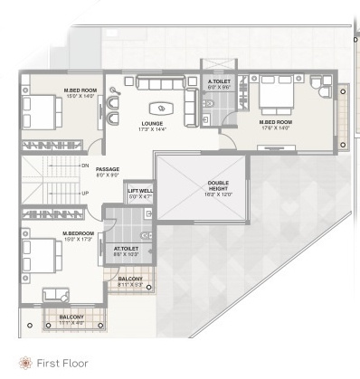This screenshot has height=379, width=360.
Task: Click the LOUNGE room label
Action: tap(150, 123)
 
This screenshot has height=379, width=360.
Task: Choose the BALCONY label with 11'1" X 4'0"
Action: tap(71, 317)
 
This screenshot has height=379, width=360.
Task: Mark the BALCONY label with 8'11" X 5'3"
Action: tap(130, 279)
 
